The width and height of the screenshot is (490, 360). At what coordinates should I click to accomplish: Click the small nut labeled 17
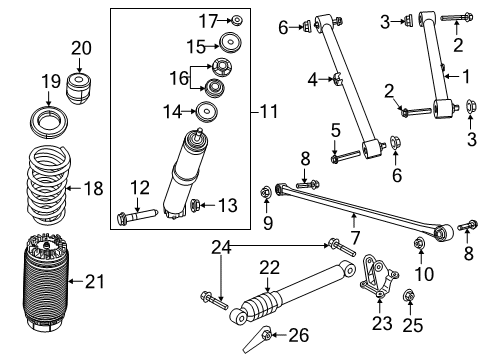[236, 20]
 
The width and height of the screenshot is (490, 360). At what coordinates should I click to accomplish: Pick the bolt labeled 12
[140, 213]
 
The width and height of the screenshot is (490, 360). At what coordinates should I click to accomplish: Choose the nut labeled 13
[197, 206]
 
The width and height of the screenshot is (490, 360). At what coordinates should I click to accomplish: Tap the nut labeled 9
[267, 190]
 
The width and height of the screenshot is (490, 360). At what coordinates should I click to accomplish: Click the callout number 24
[221, 247]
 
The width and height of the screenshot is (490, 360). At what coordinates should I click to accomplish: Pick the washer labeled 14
[209, 110]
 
